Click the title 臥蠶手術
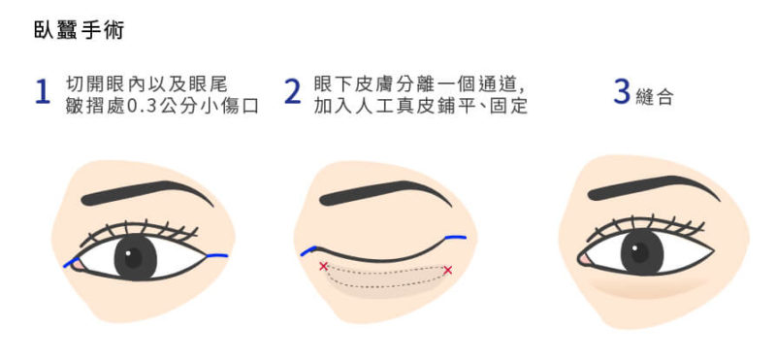(x=79, y=30)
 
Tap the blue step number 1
(x=43, y=92)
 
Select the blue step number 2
(x=293, y=92)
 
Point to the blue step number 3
(x=622, y=92)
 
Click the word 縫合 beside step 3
(x=654, y=98)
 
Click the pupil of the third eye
(x=642, y=251)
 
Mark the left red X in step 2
(x=324, y=267)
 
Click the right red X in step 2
(x=447, y=270)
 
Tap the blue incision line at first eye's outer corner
(x=216, y=255)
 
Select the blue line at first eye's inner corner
(x=71, y=262)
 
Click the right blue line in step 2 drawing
(x=455, y=238)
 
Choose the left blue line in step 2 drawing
(x=308, y=250)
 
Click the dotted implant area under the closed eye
(x=386, y=278)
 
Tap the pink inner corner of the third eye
(x=585, y=259)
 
